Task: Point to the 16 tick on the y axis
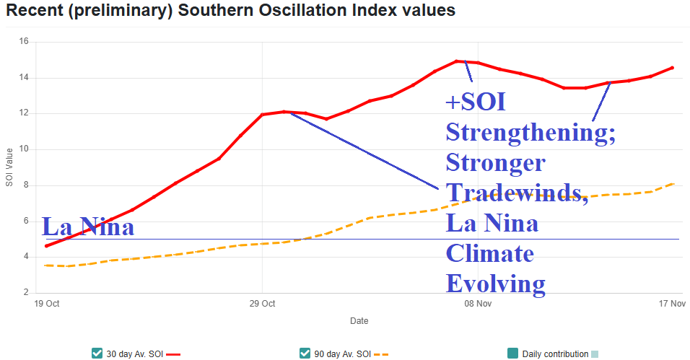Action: click(23, 42)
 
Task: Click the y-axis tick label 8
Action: click(25, 185)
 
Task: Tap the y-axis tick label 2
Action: click(25, 293)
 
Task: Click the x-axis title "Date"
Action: click(359, 320)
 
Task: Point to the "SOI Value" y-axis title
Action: click(9, 167)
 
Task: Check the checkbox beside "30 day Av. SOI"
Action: click(97, 354)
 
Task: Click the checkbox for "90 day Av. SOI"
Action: click(305, 354)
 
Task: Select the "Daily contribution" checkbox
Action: click(513, 354)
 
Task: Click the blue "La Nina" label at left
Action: click(89, 227)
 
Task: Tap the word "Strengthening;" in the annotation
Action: click(530, 133)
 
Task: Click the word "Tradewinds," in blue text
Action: click(517, 193)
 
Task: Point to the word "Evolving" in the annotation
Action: click(495, 283)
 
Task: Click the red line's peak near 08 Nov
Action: click(457, 61)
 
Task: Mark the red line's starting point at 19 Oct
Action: click(47, 246)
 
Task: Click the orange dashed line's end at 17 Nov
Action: click(673, 184)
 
